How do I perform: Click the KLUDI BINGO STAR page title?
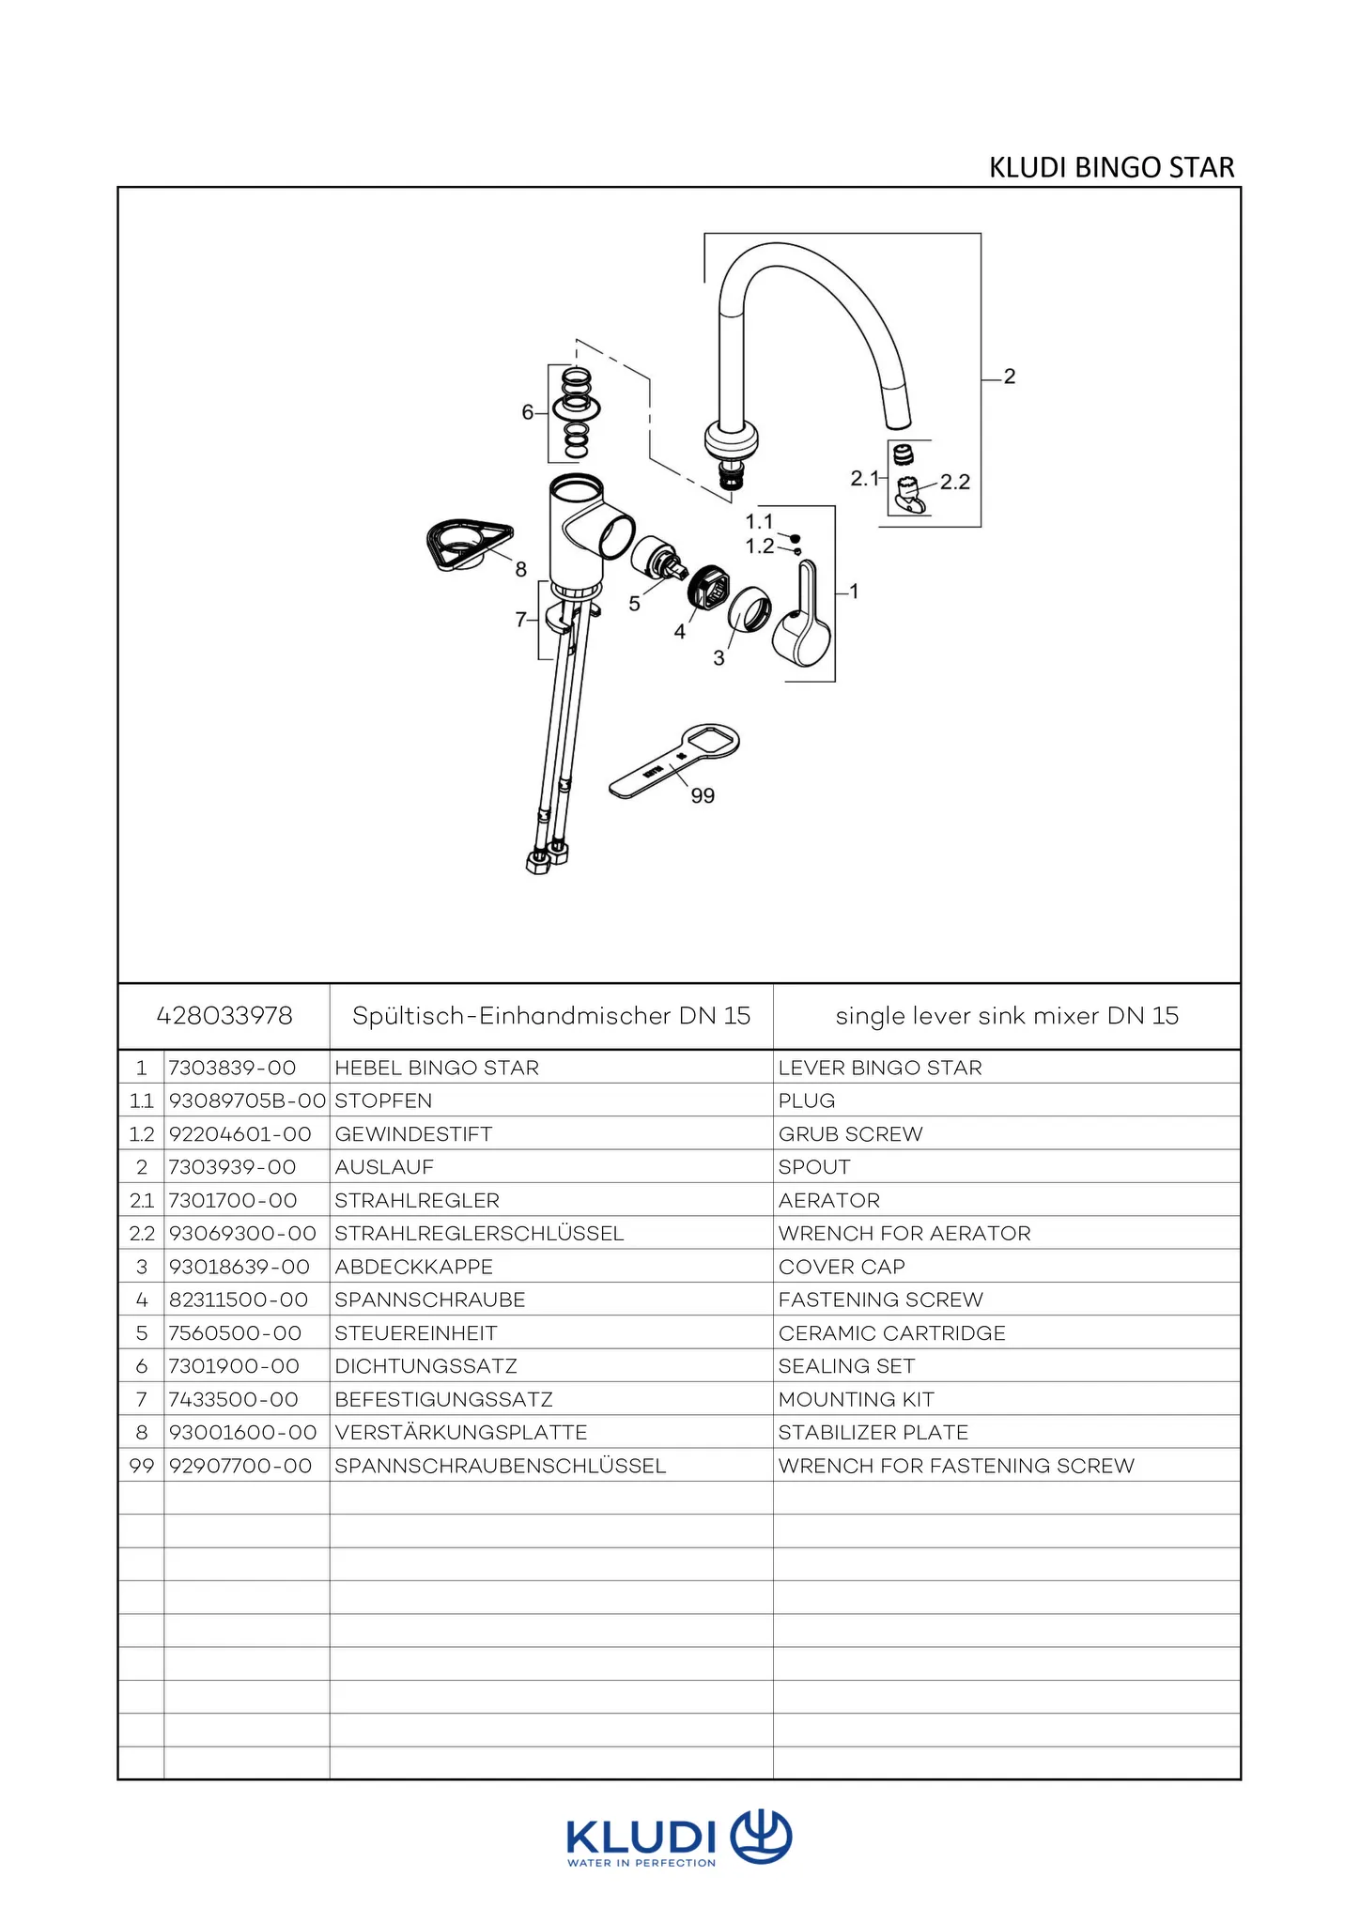click(x=1111, y=167)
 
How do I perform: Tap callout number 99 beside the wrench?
click(x=703, y=796)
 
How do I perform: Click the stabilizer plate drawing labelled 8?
click(x=467, y=544)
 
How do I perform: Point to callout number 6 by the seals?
click(x=528, y=412)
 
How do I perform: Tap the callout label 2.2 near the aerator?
click(x=955, y=483)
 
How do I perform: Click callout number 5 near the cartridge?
click(x=635, y=604)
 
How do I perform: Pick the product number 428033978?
click(x=224, y=1016)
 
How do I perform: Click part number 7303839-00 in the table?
click(x=233, y=1068)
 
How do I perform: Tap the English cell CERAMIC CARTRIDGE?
click(x=891, y=1333)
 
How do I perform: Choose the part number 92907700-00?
click(x=240, y=1466)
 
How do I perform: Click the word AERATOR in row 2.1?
click(x=829, y=1201)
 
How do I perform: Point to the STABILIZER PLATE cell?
click(x=873, y=1433)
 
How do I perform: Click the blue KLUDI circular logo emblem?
click(x=761, y=1837)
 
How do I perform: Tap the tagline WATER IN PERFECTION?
click(x=641, y=1863)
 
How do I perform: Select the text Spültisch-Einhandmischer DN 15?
click(x=551, y=1016)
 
